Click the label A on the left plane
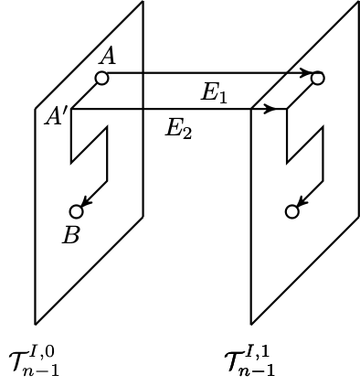(x=108, y=57)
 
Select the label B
(x=71, y=235)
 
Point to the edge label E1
(x=214, y=93)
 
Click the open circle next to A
(x=101, y=78)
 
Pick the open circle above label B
(x=77, y=211)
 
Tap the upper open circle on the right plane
(x=317, y=78)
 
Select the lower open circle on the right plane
(x=292, y=211)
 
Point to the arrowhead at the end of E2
(x=270, y=109)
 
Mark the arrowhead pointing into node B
(x=85, y=204)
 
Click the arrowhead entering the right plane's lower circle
(x=301, y=204)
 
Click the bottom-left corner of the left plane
(x=36, y=324)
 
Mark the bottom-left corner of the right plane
(x=251, y=324)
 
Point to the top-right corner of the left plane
(x=143, y=2)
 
